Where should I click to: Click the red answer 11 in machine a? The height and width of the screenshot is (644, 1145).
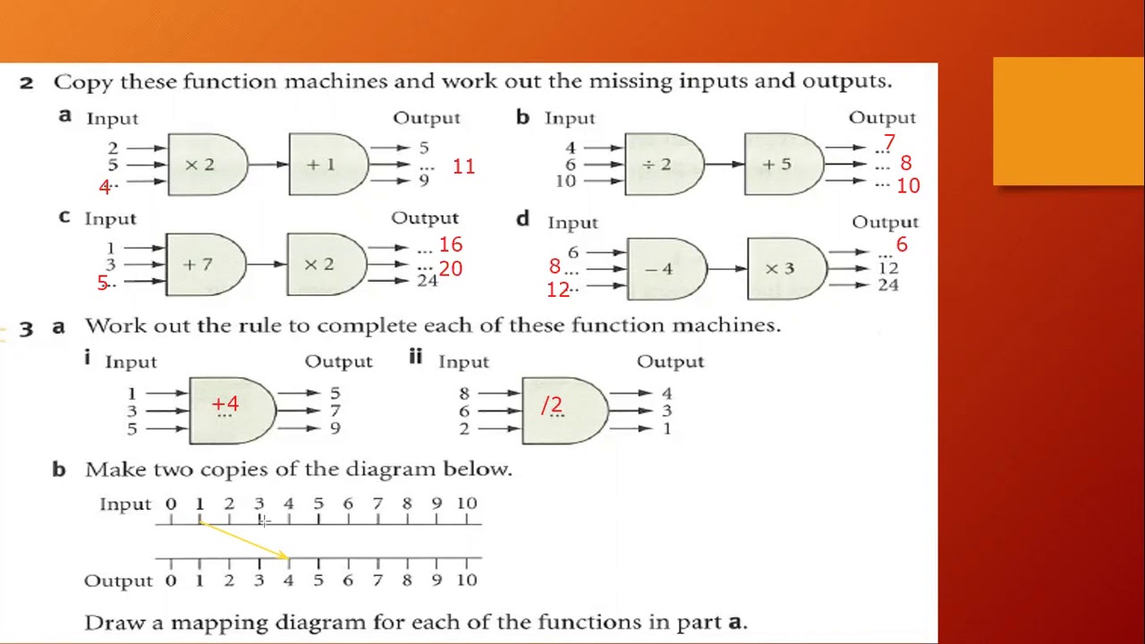pos(463,166)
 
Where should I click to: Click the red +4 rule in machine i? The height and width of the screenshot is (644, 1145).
pos(225,404)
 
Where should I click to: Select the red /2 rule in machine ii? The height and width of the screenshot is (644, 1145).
pos(552,405)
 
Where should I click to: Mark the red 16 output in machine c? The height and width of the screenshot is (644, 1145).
pos(450,244)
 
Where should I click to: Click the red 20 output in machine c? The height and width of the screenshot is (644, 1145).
pos(450,268)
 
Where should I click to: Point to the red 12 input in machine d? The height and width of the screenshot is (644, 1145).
pos(558,290)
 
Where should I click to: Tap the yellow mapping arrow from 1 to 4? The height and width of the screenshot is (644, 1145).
pos(243,539)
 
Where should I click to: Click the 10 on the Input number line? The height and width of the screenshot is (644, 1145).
pos(467,504)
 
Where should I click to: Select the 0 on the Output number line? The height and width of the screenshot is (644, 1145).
pos(171,580)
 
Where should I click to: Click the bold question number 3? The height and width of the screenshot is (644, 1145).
pos(26,328)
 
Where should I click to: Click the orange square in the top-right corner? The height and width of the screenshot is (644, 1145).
pos(1068,122)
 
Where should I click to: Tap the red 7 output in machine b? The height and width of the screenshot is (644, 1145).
pos(888,143)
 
